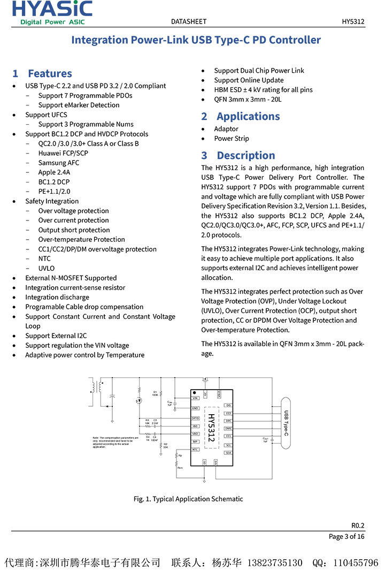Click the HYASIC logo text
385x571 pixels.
(x=52, y=9)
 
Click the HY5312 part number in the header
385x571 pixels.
(x=353, y=21)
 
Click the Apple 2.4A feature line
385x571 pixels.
(x=54, y=172)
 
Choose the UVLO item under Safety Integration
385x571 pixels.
(x=46, y=268)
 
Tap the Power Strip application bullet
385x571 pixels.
(x=231, y=139)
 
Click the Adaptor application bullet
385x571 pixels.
(x=226, y=129)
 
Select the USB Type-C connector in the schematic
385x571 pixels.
(x=286, y=423)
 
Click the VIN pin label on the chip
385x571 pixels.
(x=196, y=398)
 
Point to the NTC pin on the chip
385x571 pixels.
(x=196, y=450)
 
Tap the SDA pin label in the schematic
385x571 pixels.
(x=228, y=453)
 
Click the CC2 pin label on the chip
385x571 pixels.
(x=228, y=413)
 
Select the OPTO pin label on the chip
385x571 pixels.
(x=196, y=418)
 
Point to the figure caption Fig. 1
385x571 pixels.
(x=188, y=499)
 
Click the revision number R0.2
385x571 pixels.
(x=358, y=525)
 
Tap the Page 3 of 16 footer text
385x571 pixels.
(x=346, y=536)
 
